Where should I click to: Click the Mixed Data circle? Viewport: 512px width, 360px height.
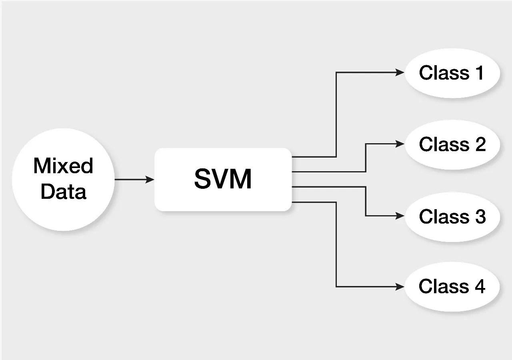click(63, 180)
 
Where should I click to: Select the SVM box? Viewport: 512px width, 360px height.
click(223, 180)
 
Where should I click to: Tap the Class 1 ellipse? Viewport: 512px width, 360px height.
click(452, 73)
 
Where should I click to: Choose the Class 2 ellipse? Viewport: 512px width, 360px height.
click(452, 144)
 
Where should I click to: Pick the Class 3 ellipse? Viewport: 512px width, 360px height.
click(452, 216)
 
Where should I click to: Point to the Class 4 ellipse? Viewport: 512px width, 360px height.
click(452, 286)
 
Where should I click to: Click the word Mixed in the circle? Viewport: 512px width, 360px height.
click(63, 166)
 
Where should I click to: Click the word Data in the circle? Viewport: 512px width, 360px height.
click(63, 192)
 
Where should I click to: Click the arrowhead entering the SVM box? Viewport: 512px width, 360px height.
click(150, 180)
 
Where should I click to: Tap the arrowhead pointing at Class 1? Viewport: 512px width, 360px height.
click(400, 72)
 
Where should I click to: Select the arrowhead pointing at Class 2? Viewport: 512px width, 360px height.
click(400, 144)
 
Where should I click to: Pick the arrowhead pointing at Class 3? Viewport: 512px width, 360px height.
click(400, 216)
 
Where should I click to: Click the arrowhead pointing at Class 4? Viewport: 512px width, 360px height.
click(400, 286)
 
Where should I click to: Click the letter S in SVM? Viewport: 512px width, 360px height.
click(203, 180)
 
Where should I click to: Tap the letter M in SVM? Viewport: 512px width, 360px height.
click(241, 180)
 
